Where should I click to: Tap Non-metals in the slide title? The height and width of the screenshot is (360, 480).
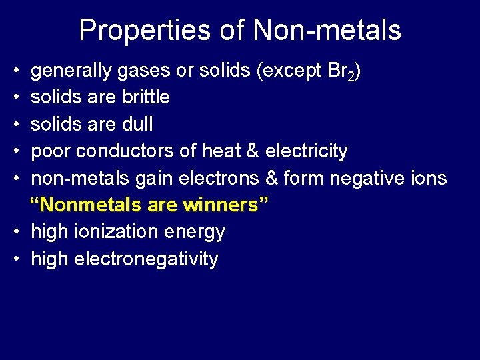[327, 31]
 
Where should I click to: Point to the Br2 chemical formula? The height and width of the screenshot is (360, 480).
[345, 71]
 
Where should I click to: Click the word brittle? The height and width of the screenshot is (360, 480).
[146, 97]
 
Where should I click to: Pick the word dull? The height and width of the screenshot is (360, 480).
[138, 124]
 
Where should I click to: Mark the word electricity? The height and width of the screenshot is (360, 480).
[306, 151]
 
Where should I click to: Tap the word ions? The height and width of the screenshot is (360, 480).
[430, 178]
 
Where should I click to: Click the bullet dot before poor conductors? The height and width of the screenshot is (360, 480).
[15, 151]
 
